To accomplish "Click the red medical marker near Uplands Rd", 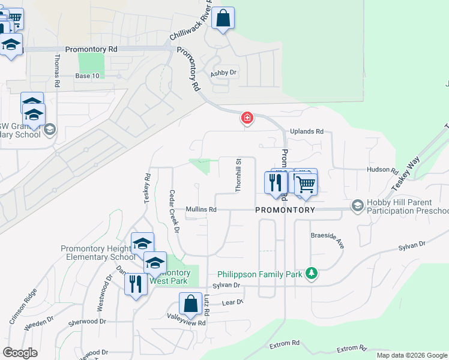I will [x=247, y=118].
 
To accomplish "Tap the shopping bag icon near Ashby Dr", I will [x=223, y=18].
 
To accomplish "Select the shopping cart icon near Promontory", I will [x=306, y=184].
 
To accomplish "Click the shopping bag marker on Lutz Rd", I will [x=190, y=304].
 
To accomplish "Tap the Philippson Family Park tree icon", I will [x=311, y=274].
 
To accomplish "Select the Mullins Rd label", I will [x=200, y=209].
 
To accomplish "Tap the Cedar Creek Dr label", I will [x=174, y=211].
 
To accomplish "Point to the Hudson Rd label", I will [x=383, y=170].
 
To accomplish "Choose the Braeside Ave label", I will [x=327, y=241].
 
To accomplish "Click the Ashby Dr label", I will [x=224, y=73].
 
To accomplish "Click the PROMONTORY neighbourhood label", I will [x=285, y=210].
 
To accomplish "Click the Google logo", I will [x=20, y=353].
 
